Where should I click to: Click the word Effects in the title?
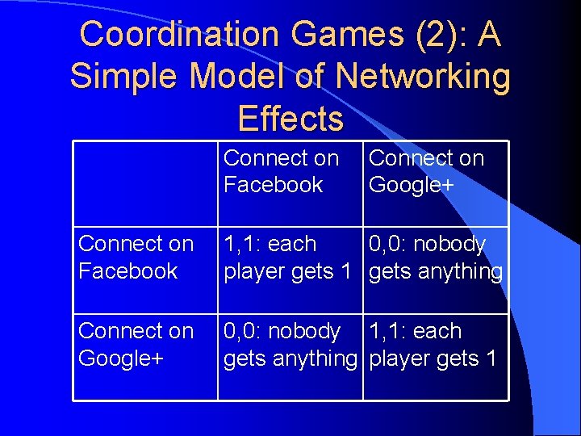coord(290,119)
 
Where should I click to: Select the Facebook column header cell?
coord(290,172)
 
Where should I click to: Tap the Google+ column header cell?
coord(435,172)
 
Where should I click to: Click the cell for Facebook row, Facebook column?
coord(290,258)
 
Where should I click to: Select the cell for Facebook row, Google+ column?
coord(435,258)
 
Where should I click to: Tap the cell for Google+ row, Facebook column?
coord(290,345)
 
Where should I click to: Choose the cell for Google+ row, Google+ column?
coord(435,345)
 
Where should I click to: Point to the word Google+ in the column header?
coord(412,186)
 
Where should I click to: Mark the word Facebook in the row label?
coord(128,271)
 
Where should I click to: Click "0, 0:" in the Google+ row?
coord(242,332)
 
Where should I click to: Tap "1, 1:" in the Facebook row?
coord(242,244)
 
